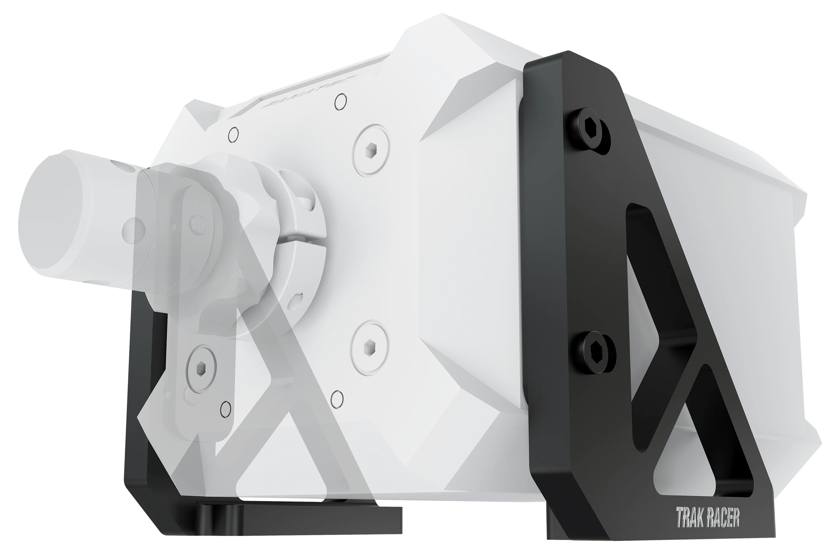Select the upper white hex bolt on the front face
tap(371, 150)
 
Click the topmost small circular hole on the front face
tap(341, 102)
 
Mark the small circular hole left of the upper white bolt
tap(233, 135)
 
